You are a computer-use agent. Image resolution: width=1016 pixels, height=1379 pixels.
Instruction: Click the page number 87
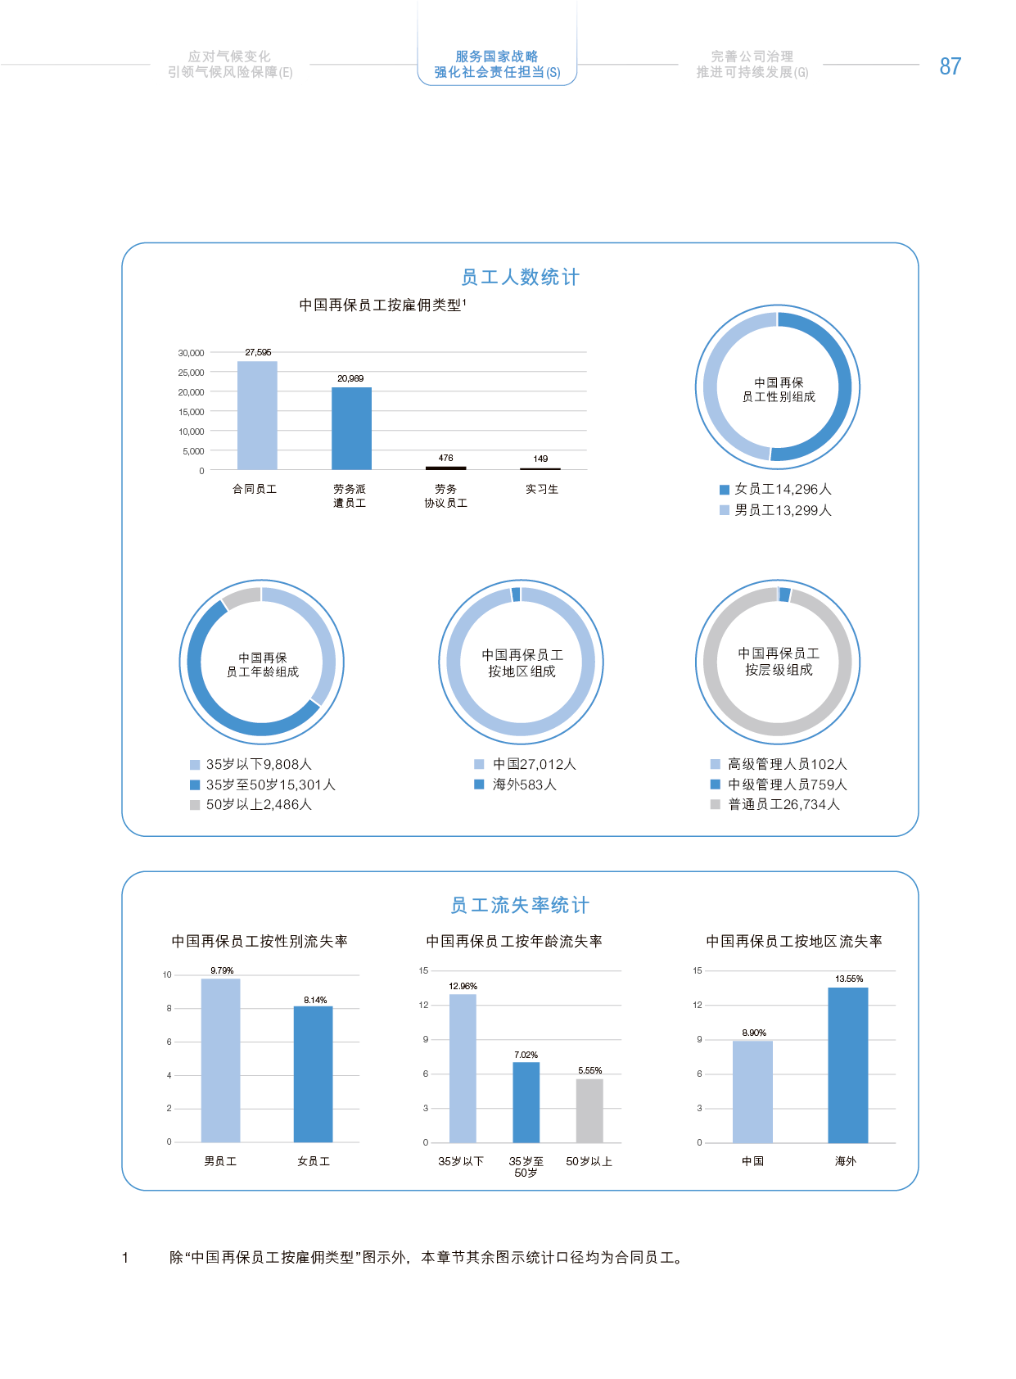pos(950,66)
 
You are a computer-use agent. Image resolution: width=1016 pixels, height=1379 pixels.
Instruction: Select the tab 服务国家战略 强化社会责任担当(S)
pos(497,64)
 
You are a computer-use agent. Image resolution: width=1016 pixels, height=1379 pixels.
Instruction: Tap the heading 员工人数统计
pos(520,278)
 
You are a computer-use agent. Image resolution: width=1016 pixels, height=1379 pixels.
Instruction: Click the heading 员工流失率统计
pos(520,906)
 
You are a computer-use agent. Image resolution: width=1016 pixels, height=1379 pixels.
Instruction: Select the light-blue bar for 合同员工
pos(257,415)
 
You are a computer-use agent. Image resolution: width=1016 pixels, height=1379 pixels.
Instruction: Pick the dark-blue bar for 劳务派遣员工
pos(351,428)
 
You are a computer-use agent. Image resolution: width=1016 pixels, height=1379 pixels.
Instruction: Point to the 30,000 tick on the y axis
pos(192,353)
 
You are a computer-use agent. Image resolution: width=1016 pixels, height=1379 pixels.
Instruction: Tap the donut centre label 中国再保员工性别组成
pos(779,390)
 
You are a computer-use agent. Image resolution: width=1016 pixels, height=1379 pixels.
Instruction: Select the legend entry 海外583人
pos(523,784)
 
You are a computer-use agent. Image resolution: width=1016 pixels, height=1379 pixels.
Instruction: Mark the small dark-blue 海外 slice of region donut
pos(516,595)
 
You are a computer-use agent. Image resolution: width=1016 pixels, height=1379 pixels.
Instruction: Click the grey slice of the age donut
pos(241,598)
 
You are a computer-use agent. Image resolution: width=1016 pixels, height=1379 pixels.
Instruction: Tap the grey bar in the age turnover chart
pos(589,1110)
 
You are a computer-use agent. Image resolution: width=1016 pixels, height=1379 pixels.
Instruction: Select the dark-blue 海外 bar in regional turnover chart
pos(848,1065)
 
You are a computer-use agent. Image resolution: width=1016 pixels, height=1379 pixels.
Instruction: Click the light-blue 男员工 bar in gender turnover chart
pos(220,1060)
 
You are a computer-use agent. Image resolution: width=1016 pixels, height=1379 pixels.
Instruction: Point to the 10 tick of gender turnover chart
pos(168,974)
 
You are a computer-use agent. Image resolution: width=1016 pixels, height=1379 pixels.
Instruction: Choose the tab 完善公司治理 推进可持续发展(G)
pos(752,64)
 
